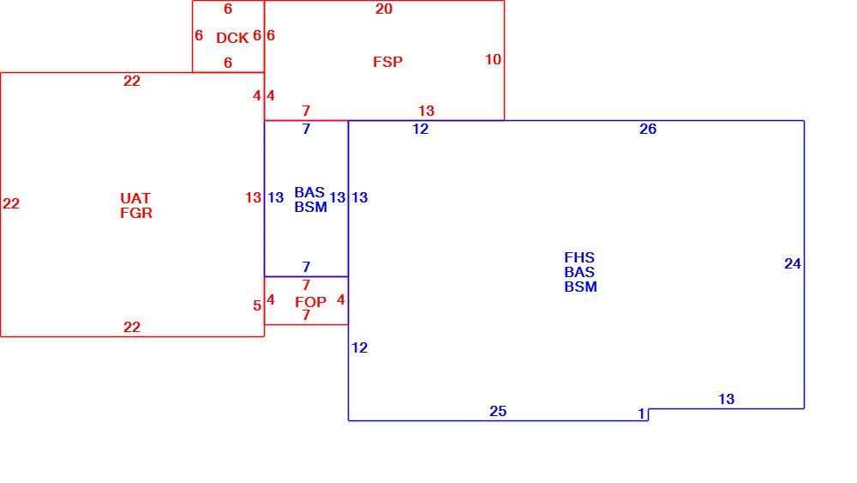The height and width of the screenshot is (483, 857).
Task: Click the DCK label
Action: tap(232, 38)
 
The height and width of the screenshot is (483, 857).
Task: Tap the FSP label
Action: tap(387, 62)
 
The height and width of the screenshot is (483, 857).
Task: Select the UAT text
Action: tap(135, 198)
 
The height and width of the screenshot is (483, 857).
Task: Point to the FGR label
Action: tap(136, 213)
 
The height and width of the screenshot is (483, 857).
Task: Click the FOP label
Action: tap(310, 302)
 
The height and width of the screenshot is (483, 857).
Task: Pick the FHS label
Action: tap(579, 257)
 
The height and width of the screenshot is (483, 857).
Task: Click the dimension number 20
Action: tap(384, 9)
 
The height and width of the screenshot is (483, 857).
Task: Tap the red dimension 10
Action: tap(493, 59)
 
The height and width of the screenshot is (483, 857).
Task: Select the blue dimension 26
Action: tap(648, 129)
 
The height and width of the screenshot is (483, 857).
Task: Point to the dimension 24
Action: tap(793, 263)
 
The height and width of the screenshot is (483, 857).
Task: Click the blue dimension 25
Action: tap(498, 411)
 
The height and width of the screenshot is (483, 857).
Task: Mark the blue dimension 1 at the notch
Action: tap(642, 414)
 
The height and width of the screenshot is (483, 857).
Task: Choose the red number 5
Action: tap(257, 305)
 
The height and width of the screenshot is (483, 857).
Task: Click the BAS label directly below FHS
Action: tap(579, 272)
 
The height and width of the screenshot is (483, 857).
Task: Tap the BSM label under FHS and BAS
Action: tap(580, 287)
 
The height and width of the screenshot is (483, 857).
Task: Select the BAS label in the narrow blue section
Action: tap(309, 192)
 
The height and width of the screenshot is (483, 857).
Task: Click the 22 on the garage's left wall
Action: tap(11, 204)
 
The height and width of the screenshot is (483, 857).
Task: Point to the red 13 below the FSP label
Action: tap(426, 111)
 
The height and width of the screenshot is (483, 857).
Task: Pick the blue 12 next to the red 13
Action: tap(420, 129)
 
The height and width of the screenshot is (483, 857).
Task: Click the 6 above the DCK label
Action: tap(228, 9)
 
